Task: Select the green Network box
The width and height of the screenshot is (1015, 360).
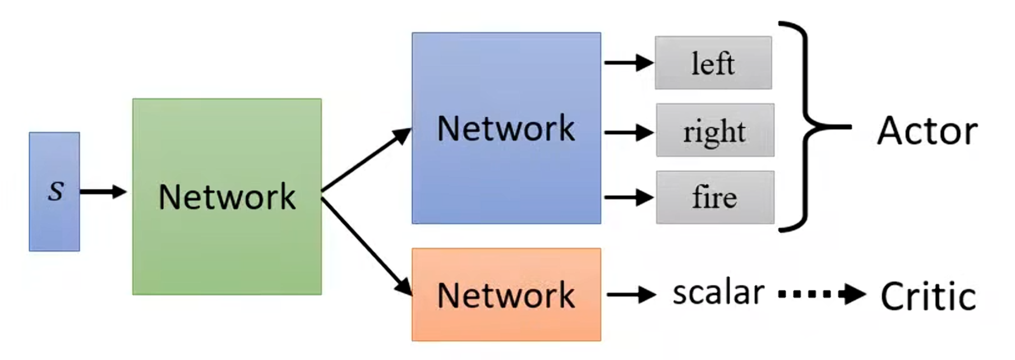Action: click(227, 196)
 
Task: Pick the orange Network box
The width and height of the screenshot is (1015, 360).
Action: click(506, 294)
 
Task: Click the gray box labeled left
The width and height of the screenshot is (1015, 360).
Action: click(713, 63)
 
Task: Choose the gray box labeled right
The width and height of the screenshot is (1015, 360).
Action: click(715, 130)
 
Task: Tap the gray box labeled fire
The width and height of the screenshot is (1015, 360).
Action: click(715, 197)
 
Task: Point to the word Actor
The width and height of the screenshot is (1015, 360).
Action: click(927, 131)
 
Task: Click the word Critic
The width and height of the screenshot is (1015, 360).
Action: click(928, 296)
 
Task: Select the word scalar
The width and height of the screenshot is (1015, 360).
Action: click(718, 293)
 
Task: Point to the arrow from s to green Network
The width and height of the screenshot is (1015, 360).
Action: click(103, 192)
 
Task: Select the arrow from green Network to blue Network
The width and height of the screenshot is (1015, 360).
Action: click(366, 160)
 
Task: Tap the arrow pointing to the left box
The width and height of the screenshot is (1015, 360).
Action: click(628, 63)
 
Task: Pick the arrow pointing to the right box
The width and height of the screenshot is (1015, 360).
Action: click(628, 133)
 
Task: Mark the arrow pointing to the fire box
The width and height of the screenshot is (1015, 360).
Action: click(628, 197)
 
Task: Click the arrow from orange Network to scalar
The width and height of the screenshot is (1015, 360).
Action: click(630, 294)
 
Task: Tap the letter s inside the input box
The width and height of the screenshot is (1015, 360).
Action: click(56, 191)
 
